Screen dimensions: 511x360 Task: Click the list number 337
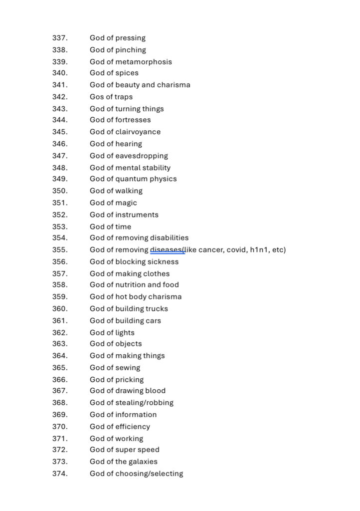(60, 38)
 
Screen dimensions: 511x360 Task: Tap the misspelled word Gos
(97, 97)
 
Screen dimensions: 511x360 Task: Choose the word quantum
(131, 179)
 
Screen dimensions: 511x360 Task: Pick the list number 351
(60, 203)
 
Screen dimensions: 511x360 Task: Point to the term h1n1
(257, 250)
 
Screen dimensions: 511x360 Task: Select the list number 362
(60, 332)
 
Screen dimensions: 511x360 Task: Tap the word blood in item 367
(155, 390)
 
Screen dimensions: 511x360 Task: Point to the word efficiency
(133, 426)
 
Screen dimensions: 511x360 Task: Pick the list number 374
(60, 474)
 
